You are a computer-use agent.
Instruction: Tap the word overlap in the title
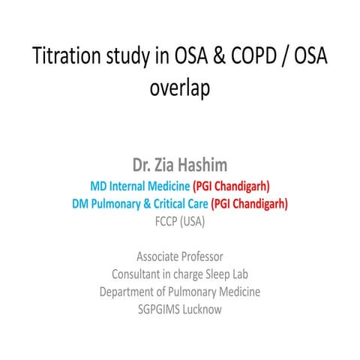point(180,88)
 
